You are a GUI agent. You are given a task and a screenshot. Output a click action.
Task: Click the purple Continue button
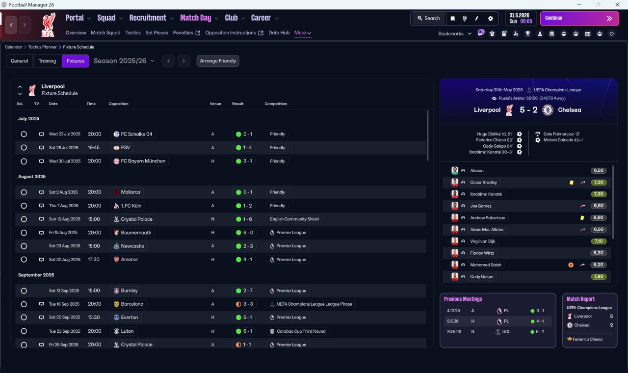coord(579,18)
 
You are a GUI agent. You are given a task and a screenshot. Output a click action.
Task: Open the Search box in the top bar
coord(429,18)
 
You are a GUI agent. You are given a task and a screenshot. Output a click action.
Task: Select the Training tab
coord(47,61)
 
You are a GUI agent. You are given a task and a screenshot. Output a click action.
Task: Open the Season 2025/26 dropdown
coord(124,61)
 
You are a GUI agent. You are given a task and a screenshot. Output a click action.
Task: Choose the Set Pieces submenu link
coord(157,33)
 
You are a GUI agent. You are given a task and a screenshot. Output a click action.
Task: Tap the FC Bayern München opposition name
coord(143,161)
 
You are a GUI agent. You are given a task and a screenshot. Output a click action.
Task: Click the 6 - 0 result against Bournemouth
coord(248,233)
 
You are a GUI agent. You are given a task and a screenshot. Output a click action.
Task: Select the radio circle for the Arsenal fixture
coord(24,260)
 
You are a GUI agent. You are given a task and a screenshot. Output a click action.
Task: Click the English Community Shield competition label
coord(294,219)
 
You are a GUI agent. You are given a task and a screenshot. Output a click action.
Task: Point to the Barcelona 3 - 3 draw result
coord(248,304)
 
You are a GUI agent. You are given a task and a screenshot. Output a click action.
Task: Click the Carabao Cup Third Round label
coord(301,331)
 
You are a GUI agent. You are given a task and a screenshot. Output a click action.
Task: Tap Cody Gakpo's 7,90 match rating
coord(598,276)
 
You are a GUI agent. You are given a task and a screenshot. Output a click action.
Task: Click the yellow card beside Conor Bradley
coord(572,183)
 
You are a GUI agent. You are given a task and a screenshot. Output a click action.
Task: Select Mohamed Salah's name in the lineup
coord(485,265)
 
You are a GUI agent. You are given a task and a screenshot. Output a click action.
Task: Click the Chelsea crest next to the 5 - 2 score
coord(548,110)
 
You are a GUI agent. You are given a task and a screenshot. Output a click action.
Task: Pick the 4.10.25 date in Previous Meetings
coord(453,311)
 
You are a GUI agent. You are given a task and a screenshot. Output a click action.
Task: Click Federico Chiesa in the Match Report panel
coord(587,339)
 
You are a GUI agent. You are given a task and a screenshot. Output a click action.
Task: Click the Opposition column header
coord(118,104)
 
